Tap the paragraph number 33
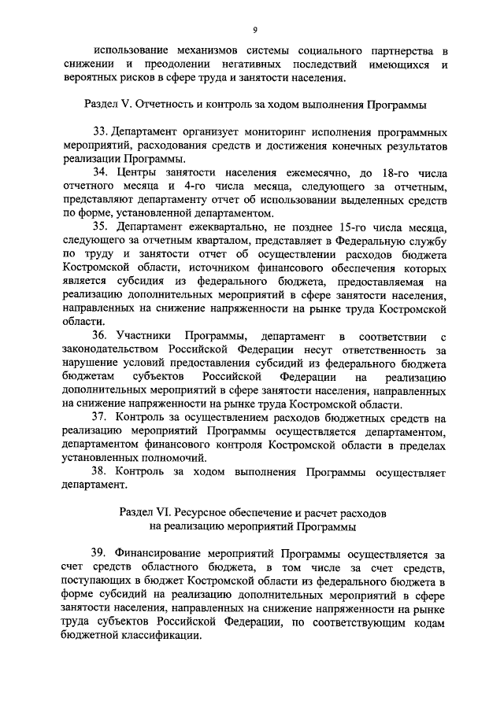pyautogui.click(x=102, y=131)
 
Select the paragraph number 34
pyautogui.click(x=102, y=172)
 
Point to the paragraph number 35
pyautogui.click(x=102, y=227)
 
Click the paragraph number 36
pyautogui.click(x=102, y=336)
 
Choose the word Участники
pyautogui.click(x=146, y=336)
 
